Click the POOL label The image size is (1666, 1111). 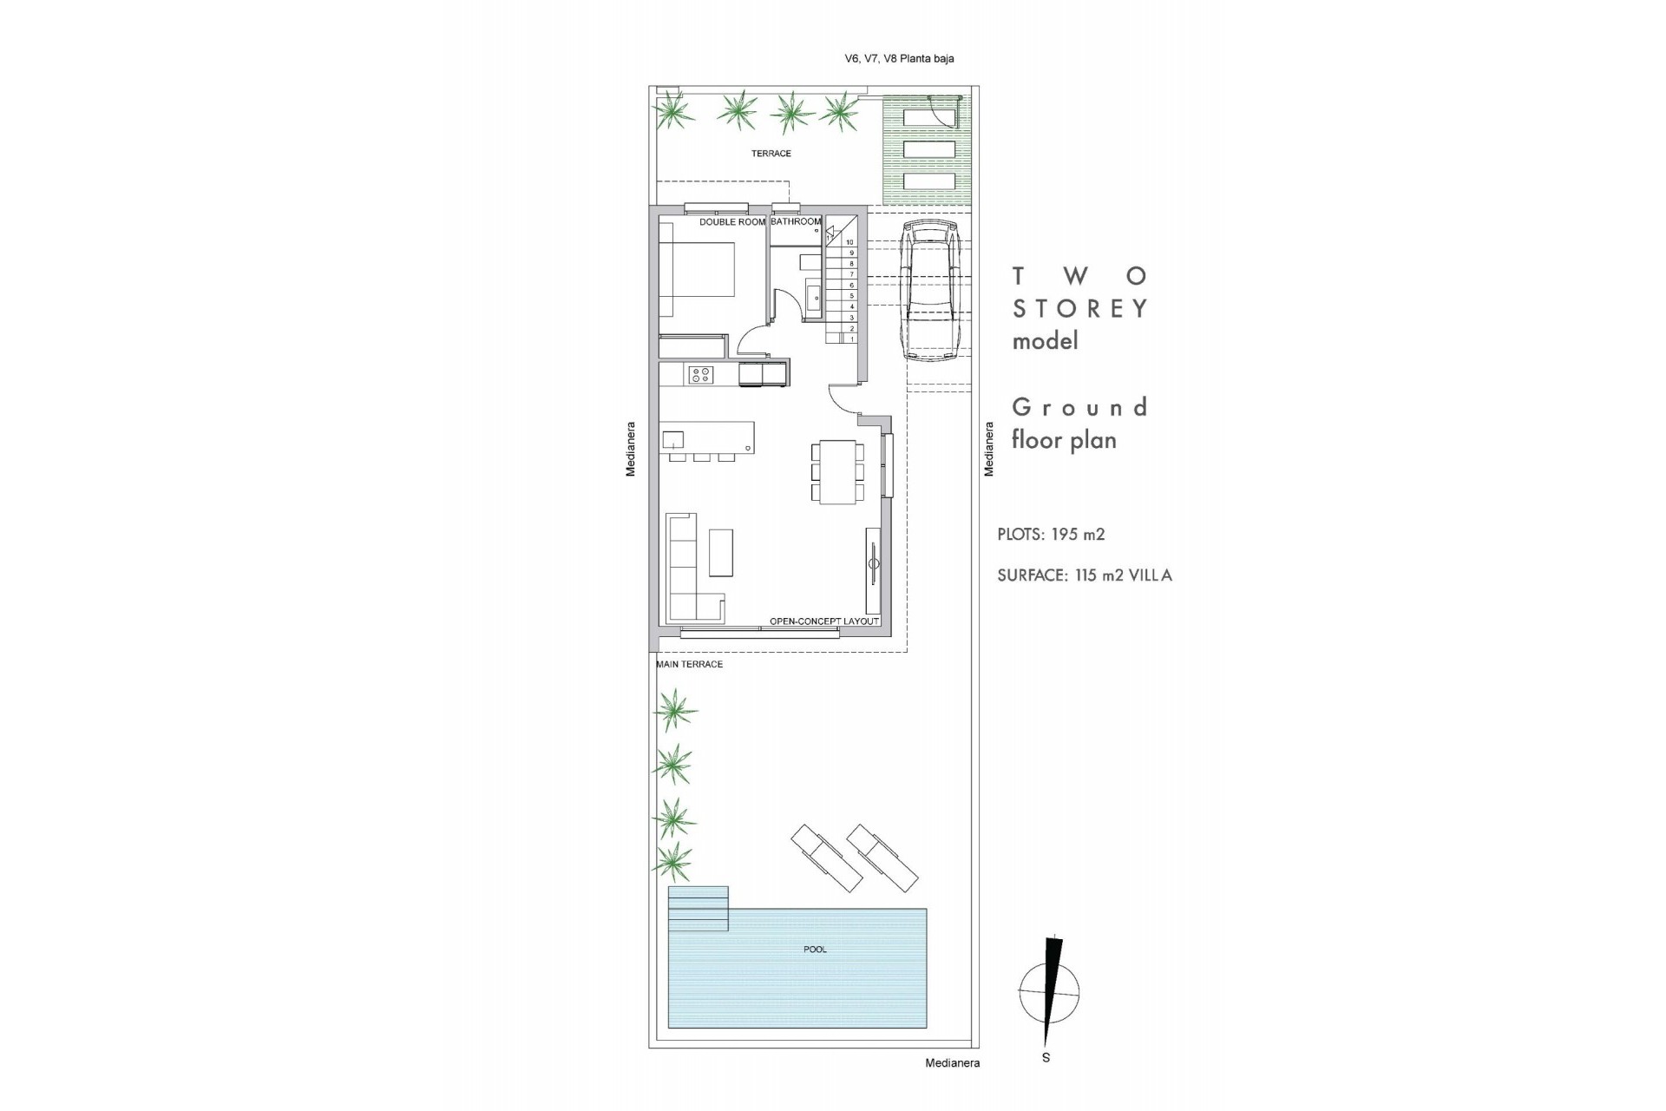click(x=815, y=950)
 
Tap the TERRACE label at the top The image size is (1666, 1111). click(x=771, y=154)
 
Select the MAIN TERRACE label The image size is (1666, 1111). click(x=689, y=664)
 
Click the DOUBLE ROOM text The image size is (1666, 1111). click(x=732, y=222)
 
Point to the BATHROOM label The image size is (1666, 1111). click(x=795, y=222)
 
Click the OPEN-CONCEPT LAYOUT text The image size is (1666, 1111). click(x=824, y=621)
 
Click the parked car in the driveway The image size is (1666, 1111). click(x=929, y=289)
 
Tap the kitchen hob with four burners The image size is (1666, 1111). click(x=700, y=375)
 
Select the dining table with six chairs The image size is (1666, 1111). click(x=838, y=471)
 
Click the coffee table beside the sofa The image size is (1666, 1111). click(x=720, y=553)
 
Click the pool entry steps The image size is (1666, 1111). click(x=698, y=908)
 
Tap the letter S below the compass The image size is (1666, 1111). click(x=1046, y=1058)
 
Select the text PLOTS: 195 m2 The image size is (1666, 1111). click(x=1051, y=535)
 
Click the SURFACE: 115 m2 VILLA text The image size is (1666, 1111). click(x=1085, y=575)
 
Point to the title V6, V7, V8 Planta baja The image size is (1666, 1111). click(x=899, y=59)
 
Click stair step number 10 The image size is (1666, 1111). click(x=850, y=242)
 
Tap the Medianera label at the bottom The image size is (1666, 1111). click(x=952, y=1062)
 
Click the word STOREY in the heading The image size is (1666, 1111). click(x=1081, y=308)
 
